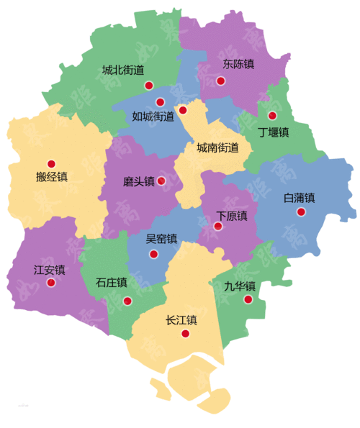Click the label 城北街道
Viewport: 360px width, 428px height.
click(123, 70)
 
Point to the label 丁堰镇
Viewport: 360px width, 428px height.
click(274, 132)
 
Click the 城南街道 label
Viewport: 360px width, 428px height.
click(217, 147)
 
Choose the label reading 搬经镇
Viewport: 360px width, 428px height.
click(51, 177)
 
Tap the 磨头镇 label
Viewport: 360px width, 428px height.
click(139, 182)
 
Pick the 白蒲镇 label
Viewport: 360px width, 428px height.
click(300, 197)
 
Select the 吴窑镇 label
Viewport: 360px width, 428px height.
click(161, 239)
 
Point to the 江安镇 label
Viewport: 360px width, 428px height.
click(50, 270)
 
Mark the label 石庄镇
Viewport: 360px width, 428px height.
click(111, 283)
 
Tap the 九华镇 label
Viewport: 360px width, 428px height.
click(240, 286)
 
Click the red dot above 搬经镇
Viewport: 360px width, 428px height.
click(51, 163)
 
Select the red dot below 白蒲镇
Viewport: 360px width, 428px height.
click(301, 211)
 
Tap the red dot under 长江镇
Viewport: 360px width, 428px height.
click(186, 334)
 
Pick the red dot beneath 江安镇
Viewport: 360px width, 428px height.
click(51, 283)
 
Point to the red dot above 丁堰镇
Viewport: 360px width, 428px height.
click(272, 116)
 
